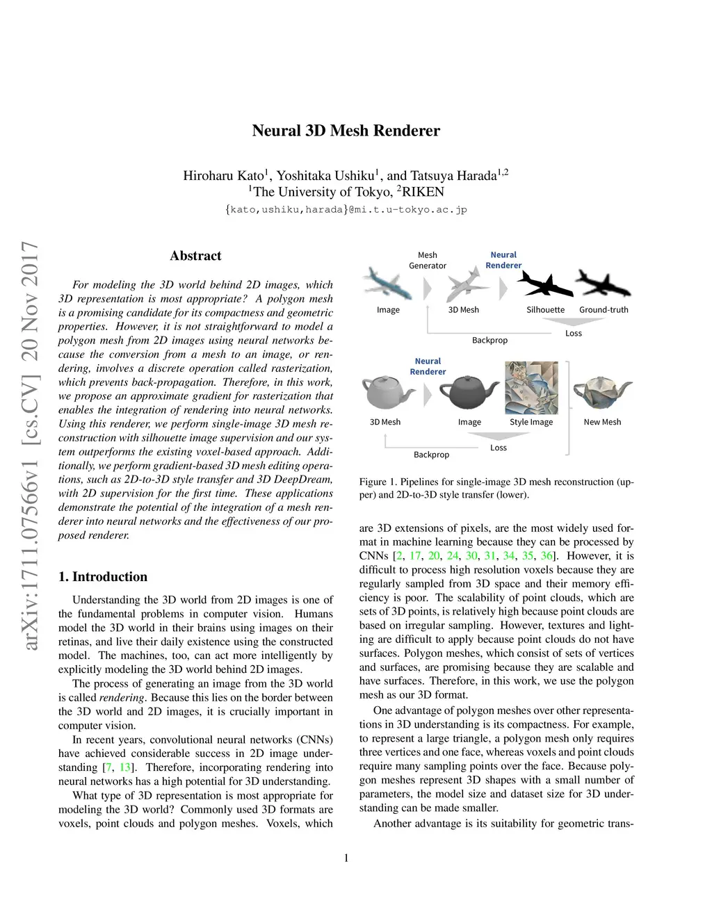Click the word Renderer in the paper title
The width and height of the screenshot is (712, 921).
coord(406,131)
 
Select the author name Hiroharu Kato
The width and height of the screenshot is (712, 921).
coord(222,175)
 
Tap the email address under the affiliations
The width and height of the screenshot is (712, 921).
coord(346,209)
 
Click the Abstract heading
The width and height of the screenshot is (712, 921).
coord(195,256)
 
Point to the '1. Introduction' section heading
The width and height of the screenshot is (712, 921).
coord(103,576)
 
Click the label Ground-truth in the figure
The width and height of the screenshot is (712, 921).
coord(604,310)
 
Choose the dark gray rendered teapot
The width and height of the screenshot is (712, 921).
coord(470,394)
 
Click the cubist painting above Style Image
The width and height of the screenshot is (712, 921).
coord(531,388)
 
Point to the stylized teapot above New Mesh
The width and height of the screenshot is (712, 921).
coord(602,394)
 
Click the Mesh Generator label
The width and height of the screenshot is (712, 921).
coord(428,260)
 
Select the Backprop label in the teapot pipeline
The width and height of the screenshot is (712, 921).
coord(431,455)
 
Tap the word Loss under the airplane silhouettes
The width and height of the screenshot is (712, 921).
coord(573,334)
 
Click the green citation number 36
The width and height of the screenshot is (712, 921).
coord(547,555)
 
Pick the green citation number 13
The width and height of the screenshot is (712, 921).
coord(125,767)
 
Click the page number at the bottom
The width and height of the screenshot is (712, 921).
coord(346,858)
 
